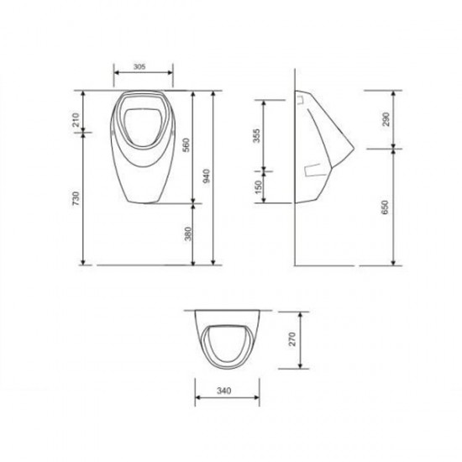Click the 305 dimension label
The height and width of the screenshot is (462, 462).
[x=139, y=66]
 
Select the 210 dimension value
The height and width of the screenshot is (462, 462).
[x=76, y=119]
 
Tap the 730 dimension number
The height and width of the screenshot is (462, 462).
[x=76, y=198]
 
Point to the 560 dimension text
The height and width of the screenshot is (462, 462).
[x=186, y=144]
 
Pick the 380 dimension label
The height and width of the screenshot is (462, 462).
[x=188, y=234]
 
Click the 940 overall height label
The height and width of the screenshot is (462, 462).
[x=207, y=176]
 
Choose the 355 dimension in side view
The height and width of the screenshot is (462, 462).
[x=257, y=135]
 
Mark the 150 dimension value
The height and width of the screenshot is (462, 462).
[x=258, y=187]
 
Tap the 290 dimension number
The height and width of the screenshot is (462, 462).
[x=386, y=119]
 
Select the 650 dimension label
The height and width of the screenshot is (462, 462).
[x=385, y=207]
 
